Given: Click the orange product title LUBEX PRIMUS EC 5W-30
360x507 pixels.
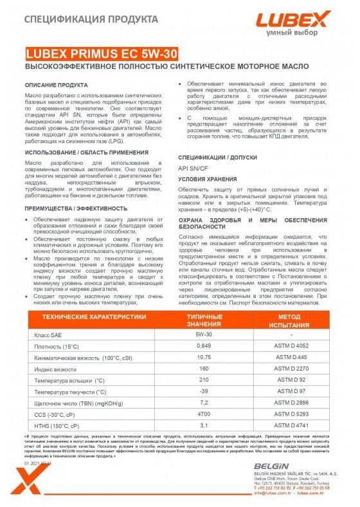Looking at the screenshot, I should pos(102,55).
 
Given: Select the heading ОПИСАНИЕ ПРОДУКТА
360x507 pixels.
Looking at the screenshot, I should pos(56,85).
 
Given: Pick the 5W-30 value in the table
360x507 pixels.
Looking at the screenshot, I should pos(204,317).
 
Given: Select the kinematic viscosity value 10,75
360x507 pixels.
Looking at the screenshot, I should pos(204,339).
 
